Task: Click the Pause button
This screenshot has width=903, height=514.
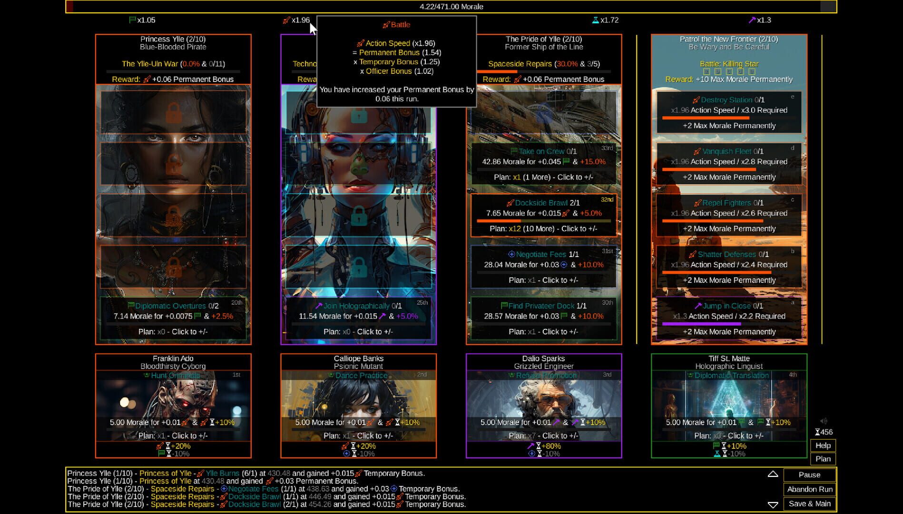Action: (x=809, y=474)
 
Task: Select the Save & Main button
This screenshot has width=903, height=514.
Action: (x=809, y=504)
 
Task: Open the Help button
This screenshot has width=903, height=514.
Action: (x=823, y=445)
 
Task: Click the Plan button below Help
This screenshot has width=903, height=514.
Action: (x=823, y=459)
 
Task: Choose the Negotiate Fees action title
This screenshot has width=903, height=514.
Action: (x=540, y=255)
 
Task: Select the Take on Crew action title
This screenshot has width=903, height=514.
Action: (x=541, y=151)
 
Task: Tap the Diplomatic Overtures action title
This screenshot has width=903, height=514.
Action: (x=170, y=306)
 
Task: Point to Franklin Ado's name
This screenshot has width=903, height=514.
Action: (x=173, y=358)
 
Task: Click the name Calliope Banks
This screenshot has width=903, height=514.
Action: (x=358, y=358)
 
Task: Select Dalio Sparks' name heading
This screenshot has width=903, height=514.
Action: (x=543, y=358)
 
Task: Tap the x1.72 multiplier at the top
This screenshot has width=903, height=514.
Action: (x=609, y=20)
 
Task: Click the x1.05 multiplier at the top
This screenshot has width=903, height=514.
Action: (x=146, y=20)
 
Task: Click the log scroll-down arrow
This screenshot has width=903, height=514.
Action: (x=773, y=504)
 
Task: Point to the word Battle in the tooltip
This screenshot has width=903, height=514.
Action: (x=400, y=25)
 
